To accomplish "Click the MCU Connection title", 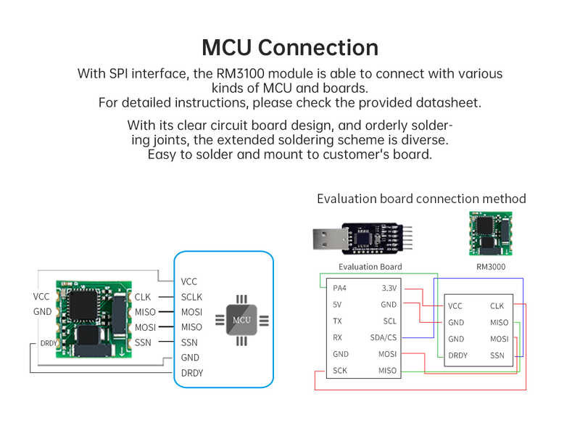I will coord(290,47).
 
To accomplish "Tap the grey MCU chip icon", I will coord(241,319).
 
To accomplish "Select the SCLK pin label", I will coord(191,297).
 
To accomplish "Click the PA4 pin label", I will coord(339,288).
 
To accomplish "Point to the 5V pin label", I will coord(337,305).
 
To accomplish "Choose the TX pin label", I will coord(337,321).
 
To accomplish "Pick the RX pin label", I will coord(337,337).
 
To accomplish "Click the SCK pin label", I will coord(339,371).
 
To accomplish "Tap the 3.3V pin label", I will coord(389,288).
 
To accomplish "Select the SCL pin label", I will coord(389,321).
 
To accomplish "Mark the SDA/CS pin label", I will coord(384,337).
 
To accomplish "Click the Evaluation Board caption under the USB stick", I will coord(370,267).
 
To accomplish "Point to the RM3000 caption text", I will coord(491,267).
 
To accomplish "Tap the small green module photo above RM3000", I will coord(491,234).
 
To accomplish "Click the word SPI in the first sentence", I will coord(120,73).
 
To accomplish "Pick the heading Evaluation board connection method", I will coord(421,199).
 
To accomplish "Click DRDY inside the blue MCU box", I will coord(192,373).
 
